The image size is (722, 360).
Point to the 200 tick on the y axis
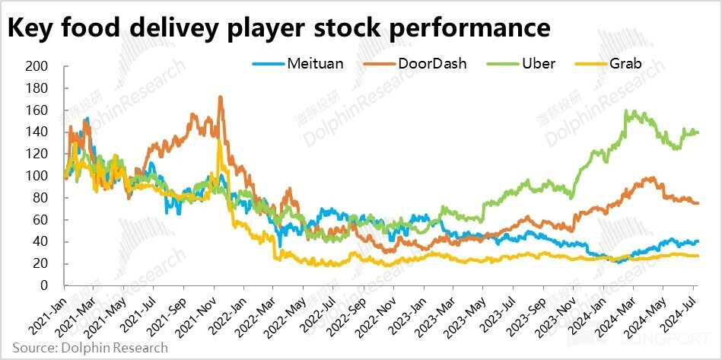point(37,67)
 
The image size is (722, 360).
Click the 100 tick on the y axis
point(37,177)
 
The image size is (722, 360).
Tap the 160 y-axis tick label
point(37,111)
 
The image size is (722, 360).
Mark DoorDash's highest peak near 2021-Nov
point(221,97)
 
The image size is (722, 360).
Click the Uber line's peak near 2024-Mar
point(627,111)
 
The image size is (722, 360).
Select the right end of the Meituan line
point(698,241)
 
